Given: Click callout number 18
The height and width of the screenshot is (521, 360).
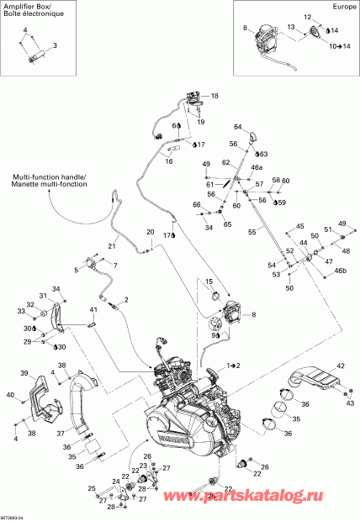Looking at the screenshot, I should click(214, 96).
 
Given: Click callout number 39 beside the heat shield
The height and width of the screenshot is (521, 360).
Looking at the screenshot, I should click(24, 373).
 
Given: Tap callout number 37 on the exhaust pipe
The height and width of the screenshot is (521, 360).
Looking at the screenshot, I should click(60, 434).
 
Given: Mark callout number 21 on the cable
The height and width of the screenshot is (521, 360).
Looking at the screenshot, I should click(110, 245).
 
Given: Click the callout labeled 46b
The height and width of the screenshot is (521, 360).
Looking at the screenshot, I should click(340, 271).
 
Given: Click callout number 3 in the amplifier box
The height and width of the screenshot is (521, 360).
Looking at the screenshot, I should click(56, 45).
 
